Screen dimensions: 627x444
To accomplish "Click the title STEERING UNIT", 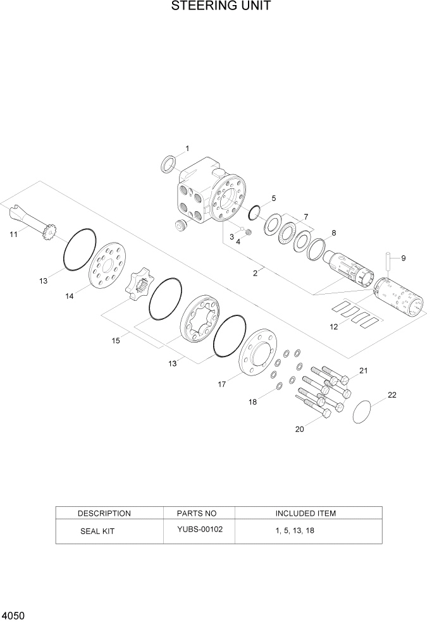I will (x=221, y=7).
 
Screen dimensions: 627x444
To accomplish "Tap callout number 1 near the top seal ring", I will (x=187, y=149).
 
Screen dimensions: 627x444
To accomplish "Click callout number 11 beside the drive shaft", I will (x=13, y=234).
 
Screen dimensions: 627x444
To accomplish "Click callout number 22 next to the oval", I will (x=392, y=396).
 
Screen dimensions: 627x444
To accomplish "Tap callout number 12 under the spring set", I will (x=333, y=327).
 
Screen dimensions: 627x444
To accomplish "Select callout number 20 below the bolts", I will (x=299, y=429).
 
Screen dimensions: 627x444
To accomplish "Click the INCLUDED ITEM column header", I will (x=305, y=513).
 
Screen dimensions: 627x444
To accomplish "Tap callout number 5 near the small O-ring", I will (x=274, y=198).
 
